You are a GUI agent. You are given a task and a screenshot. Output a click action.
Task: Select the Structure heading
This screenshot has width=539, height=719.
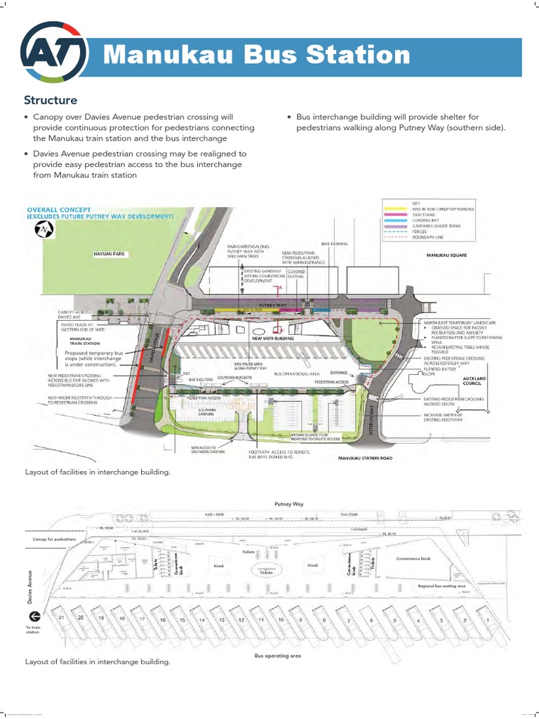point(51,100)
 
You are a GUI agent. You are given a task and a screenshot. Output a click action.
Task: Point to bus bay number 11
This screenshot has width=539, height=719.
point(260,621)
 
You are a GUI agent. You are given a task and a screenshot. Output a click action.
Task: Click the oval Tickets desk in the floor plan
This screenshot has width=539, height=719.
point(266,572)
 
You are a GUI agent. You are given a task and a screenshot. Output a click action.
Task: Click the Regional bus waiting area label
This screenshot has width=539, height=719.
point(441,585)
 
